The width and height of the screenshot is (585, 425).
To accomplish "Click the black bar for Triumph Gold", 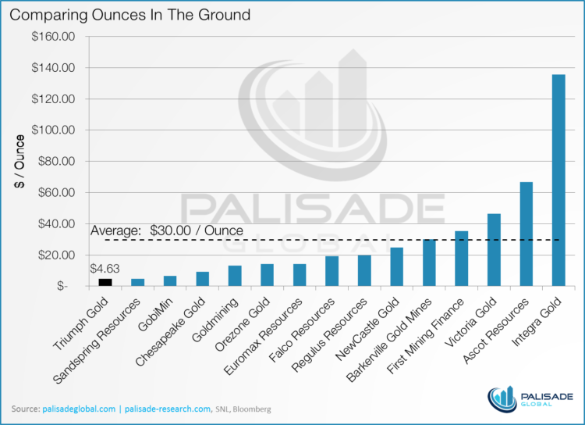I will click(105, 282).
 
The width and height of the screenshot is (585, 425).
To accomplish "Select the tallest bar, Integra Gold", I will click(558, 180).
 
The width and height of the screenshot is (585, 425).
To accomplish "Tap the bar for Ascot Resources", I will click(526, 234).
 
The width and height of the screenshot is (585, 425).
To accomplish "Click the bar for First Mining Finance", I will click(461, 259).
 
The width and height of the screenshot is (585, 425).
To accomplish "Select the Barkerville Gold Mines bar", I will click(428, 262).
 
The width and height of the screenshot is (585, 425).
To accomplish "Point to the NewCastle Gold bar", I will click(396, 267).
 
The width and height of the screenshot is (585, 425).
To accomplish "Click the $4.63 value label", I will click(104, 270).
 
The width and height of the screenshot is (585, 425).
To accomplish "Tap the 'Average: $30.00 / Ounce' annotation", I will click(167, 230).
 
